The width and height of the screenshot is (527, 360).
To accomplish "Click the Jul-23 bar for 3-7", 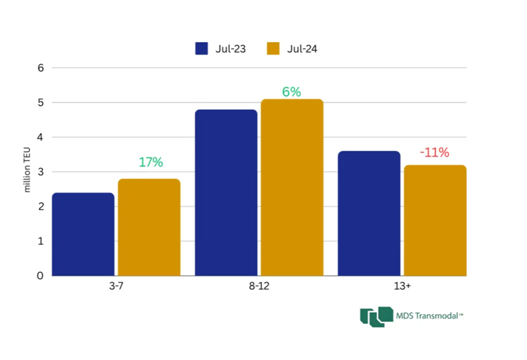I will (x=83, y=234).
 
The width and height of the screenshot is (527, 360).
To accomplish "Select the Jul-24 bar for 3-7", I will (x=149, y=227).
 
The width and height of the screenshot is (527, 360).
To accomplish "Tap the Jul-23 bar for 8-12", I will (x=226, y=193).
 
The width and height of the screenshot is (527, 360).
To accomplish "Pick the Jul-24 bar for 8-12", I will (x=292, y=187).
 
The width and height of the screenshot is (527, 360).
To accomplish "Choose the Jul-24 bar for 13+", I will (x=435, y=220).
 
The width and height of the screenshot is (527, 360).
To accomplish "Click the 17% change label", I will (x=151, y=162).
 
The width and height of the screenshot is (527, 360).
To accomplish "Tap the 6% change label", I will (x=292, y=92).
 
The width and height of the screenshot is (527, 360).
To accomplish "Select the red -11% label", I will (x=435, y=153).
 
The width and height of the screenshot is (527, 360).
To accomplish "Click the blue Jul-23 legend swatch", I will (x=202, y=48).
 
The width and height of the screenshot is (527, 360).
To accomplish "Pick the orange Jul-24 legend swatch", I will (x=273, y=48).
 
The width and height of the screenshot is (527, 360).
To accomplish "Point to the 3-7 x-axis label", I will (x=116, y=287).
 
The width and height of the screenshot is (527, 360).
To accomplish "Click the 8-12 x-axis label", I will (x=259, y=287).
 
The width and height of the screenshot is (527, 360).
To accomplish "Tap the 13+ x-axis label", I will (x=402, y=287).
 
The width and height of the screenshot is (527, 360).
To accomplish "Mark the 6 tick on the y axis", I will (x=40, y=67).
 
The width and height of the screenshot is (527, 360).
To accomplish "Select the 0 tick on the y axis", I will (x=40, y=276).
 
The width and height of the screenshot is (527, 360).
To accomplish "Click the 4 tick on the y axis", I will (x=40, y=137).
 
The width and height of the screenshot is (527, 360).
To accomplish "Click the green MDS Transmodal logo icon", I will (x=372, y=316).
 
